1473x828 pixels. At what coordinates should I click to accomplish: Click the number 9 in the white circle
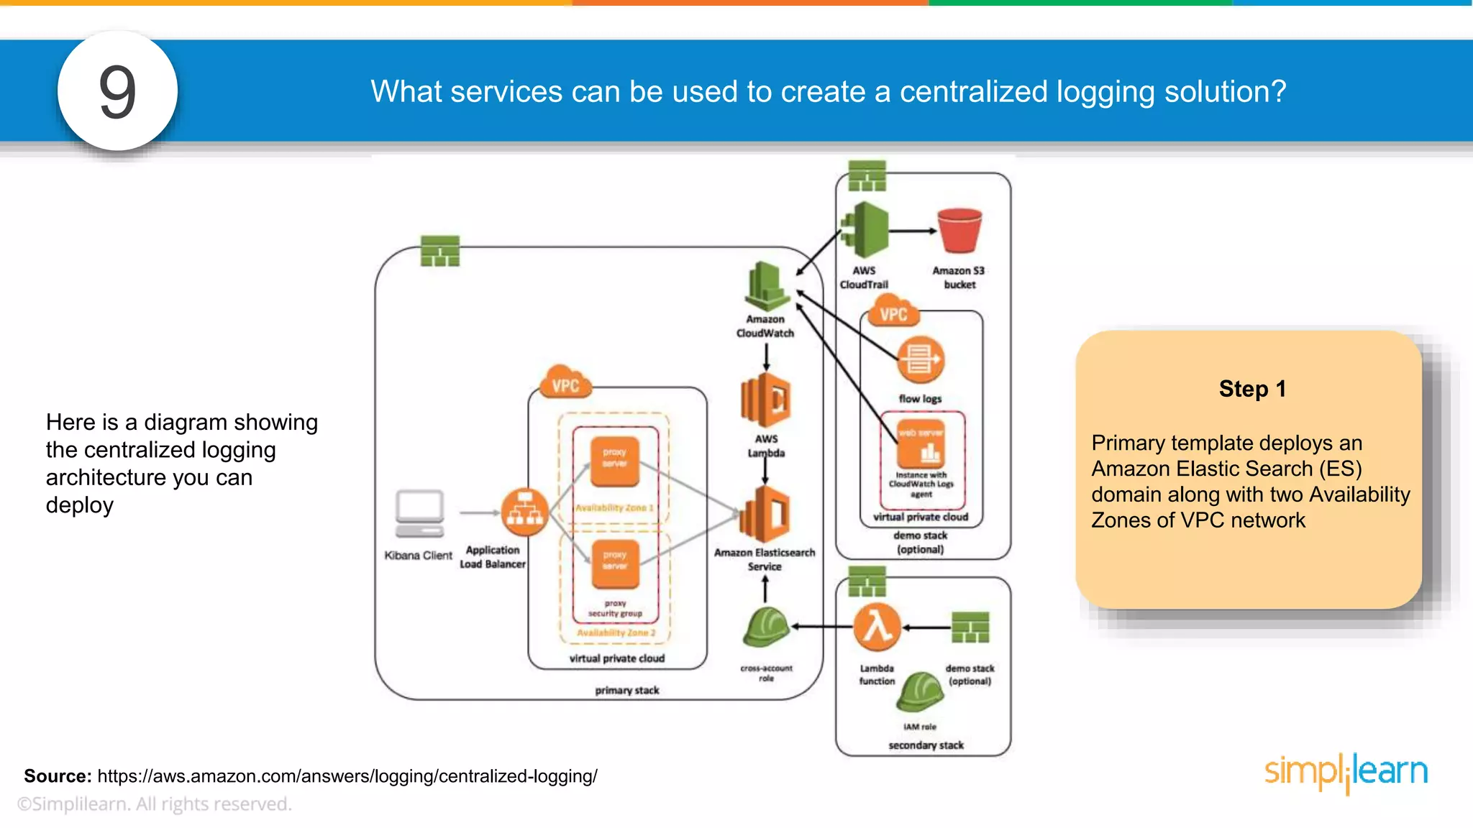(x=117, y=91)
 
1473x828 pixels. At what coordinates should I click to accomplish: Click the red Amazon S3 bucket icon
(x=959, y=231)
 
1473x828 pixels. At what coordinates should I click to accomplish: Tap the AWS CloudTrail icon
(x=867, y=230)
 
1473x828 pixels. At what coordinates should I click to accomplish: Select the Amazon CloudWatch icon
(x=765, y=287)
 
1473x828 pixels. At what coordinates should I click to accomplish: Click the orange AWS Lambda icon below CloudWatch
(x=766, y=400)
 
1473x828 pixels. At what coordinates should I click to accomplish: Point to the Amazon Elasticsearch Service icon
(x=766, y=514)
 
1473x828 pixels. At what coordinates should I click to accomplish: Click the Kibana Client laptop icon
(x=419, y=514)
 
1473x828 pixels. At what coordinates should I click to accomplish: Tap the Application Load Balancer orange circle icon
(x=525, y=511)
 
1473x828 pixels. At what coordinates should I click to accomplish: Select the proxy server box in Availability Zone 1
(x=615, y=458)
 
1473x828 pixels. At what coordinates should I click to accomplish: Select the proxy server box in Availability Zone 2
(x=615, y=561)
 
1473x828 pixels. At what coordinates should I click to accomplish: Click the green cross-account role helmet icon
(x=766, y=627)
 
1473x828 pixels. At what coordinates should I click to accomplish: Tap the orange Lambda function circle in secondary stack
(x=877, y=627)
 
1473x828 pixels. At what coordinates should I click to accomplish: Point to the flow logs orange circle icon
(x=921, y=359)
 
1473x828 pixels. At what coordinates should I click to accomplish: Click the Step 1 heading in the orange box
(x=1251, y=389)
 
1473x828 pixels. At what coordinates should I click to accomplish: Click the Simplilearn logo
(x=1346, y=772)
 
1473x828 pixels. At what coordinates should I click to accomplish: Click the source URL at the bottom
(x=347, y=776)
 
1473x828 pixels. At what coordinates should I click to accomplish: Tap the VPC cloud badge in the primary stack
(x=565, y=384)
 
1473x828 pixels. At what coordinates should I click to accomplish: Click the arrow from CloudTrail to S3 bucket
(x=912, y=231)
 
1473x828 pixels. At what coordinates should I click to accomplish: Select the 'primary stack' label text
(x=626, y=690)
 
